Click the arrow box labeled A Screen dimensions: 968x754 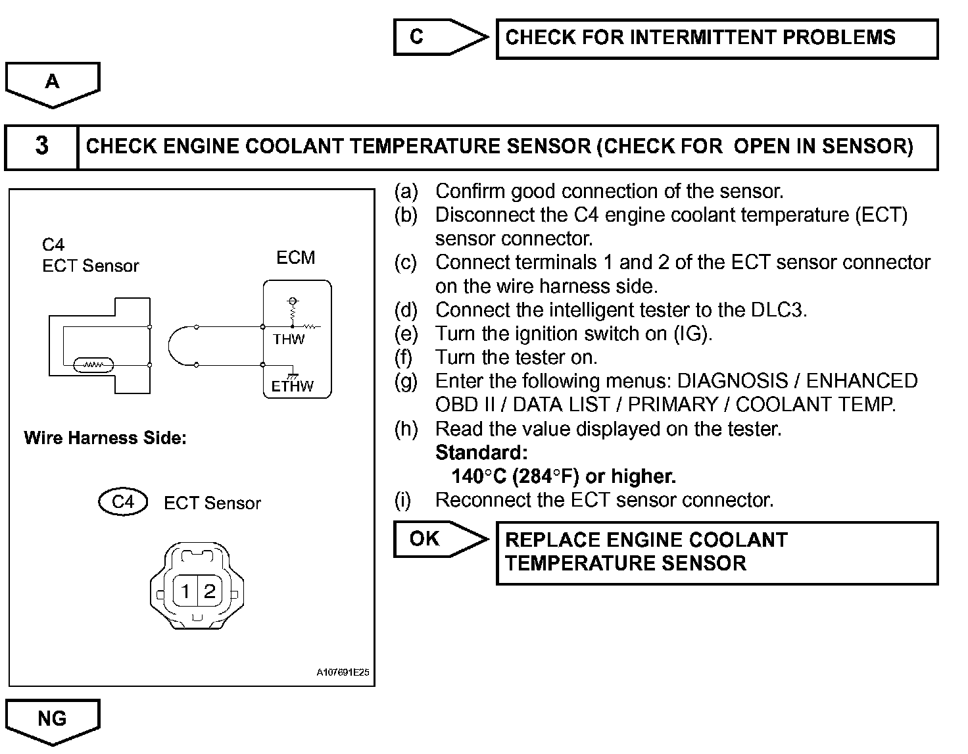pyautogui.click(x=53, y=82)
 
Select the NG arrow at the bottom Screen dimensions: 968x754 pyautogui.click(x=53, y=718)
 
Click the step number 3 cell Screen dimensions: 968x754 pyautogui.click(x=41, y=146)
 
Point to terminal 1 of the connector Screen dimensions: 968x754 pyautogui.click(x=186, y=591)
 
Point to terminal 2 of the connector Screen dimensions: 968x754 pyautogui.click(x=209, y=591)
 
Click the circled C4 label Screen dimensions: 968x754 pyautogui.click(x=123, y=503)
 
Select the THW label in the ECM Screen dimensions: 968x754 pyautogui.click(x=289, y=339)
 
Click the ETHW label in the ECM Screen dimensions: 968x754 pyautogui.click(x=293, y=386)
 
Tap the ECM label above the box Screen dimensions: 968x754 pyautogui.click(x=296, y=258)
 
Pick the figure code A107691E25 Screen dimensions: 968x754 pyautogui.click(x=343, y=673)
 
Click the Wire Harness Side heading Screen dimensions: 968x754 pyautogui.click(x=105, y=438)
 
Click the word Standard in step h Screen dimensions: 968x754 pyautogui.click(x=481, y=453)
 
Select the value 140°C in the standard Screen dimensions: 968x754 pyautogui.click(x=478, y=476)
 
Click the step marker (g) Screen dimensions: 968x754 pyautogui.click(x=406, y=381)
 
